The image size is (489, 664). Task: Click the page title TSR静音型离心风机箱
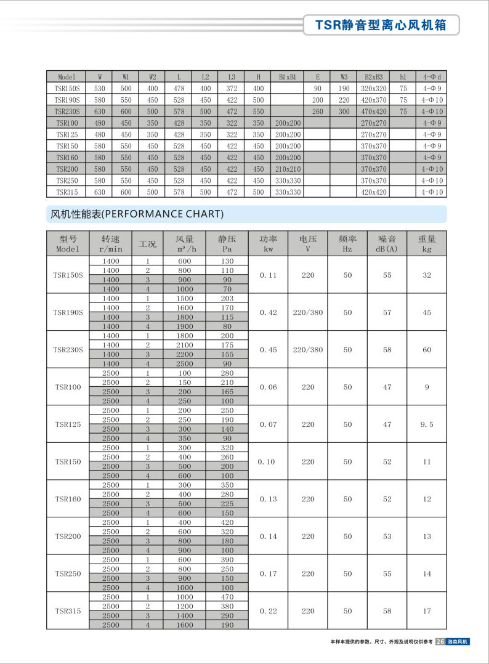(x=380, y=25)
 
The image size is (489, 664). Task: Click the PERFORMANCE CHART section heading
(x=136, y=214)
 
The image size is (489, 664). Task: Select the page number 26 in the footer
(x=440, y=641)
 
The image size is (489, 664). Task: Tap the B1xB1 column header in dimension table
(x=288, y=77)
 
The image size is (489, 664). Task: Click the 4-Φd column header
(x=432, y=77)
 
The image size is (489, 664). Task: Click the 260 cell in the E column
(x=317, y=111)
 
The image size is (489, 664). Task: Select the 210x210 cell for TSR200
(x=288, y=169)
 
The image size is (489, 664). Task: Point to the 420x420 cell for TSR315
(x=373, y=192)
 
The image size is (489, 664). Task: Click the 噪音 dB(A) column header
(x=387, y=243)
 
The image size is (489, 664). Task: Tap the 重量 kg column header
(x=427, y=243)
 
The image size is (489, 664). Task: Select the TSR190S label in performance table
(x=68, y=312)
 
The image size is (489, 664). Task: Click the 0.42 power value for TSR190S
(x=268, y=312)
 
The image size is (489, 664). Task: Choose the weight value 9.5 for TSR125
(x=427, y=424)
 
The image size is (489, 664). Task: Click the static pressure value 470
(x=227, y=597)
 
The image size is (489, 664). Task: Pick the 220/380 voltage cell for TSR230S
(x=308, y=350)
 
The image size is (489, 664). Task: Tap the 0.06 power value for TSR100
(x=268, y=387)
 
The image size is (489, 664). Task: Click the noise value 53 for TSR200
(x=387, y=536)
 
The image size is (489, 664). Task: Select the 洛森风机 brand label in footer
(x=458, y=641)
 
